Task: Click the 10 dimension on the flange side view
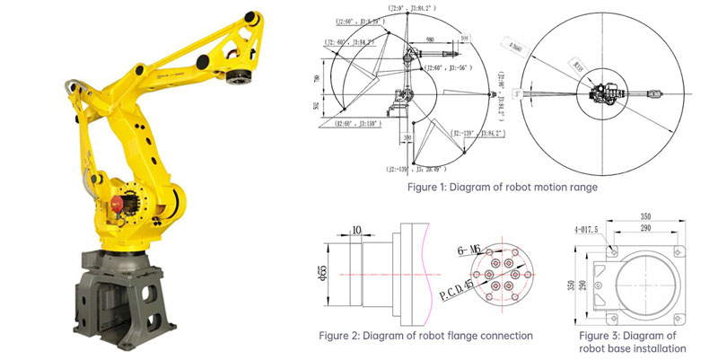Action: [357, 229]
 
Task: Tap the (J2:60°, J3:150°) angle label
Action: [356, 124]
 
